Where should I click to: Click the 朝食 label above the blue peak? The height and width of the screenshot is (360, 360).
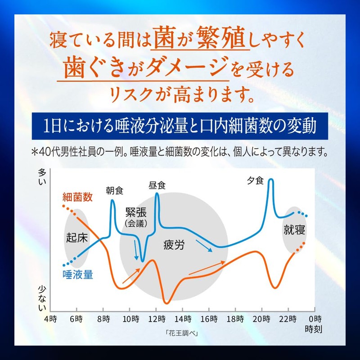pos(115,190)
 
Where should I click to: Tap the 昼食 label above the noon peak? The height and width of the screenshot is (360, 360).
pos(157,185)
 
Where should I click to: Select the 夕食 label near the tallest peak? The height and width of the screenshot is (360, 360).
pos(255,181)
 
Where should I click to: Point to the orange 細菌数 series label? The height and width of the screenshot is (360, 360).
pos(77,197)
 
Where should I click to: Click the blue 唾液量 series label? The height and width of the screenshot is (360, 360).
pos(78,274)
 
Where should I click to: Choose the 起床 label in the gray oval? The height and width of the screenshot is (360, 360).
pos(77,238)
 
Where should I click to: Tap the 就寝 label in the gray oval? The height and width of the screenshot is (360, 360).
pos(294,229)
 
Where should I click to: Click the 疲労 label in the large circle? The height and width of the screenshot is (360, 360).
pos(174,245)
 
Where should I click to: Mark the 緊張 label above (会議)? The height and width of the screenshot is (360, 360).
pos(136,213)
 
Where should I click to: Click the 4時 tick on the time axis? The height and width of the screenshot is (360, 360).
pos(50,319)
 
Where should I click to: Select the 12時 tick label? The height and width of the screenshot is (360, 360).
pos(157,319)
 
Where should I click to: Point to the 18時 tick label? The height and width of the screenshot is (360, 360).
pos(235,319)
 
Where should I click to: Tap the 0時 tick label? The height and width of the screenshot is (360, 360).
pos(315,319)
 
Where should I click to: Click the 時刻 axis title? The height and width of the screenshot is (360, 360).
pos(313,329)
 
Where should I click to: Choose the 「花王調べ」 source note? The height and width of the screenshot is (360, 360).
pos(182,333)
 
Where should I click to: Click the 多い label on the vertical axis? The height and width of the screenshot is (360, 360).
pos(42,177)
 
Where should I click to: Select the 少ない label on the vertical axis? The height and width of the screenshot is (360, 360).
pos(42,298)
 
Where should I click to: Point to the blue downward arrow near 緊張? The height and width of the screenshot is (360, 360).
pos(136,250)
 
